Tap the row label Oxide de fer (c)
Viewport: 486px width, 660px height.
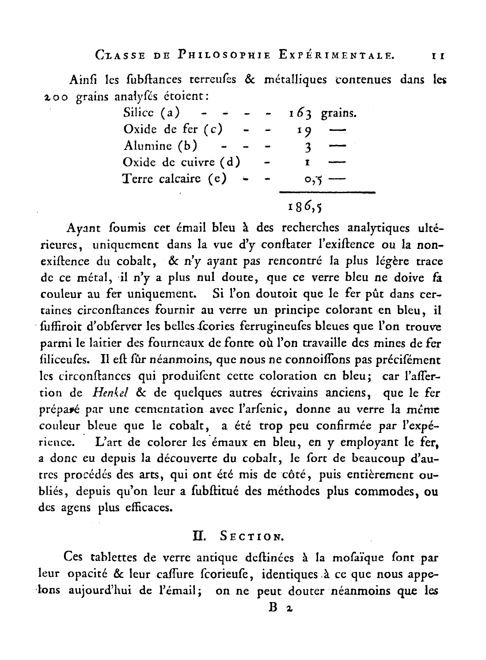pyautogui.click(x=173, y=130)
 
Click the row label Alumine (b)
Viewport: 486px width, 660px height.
pyautogui.click(x=160, y=146)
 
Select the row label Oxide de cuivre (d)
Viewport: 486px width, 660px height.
pyautogui.click(x=182, y=162)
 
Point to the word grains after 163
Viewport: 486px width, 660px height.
pyautogui.click(x=338, y=114)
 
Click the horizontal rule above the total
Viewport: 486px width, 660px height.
pyautogui.click(x=327, y=192)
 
